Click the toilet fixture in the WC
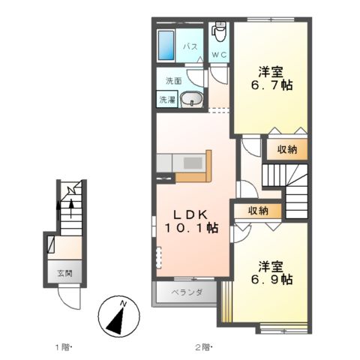(x=220, y=31)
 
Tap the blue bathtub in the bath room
(x=166, y=45)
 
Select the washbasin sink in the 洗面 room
(x=191, y=99)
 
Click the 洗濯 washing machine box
(x=167, y=100)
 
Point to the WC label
(x=219, y=55)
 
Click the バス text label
(x=190, y=46)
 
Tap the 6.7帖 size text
(x=271, y=85)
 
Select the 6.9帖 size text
(x=271, y=279)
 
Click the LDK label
(x=190, y=214)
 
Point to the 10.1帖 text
(x=191, y=228)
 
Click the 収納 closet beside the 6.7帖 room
(x=286, y=149)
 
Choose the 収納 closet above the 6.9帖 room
(x=258, y=211)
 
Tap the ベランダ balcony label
(x=187, y=292)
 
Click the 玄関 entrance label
(x=65, y=273)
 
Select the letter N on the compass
(x=123, y=304)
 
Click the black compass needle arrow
(x=115, y=321)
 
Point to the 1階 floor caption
(x=63, y=347)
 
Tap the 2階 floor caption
(x=203, y=347)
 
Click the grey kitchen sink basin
(x=193, y=163)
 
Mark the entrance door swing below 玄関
(x=69, y=298)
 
